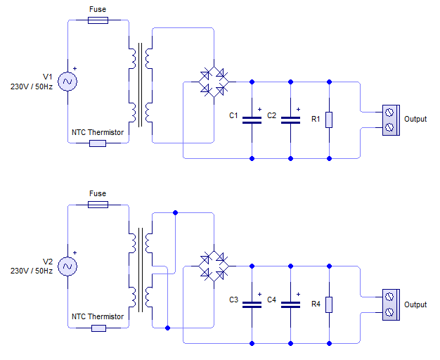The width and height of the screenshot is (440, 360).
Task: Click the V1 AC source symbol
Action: click(x=68, y=82)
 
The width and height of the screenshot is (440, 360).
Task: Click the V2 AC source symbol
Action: click(x=68, y=266)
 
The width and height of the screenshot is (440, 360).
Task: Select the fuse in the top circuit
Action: click(x=98, y=21)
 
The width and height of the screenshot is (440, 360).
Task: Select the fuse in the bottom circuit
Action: click(x=98, y=205)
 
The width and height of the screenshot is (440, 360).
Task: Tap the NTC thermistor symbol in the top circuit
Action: click(x=98, y=143)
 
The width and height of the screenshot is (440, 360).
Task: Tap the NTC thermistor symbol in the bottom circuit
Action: click(x=98, y=328)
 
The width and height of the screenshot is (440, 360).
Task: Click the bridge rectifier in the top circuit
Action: click(x=213, y=82)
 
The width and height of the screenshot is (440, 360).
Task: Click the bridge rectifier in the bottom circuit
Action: click(x=213, y=266)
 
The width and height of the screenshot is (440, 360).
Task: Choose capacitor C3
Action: click(x=252, y=304)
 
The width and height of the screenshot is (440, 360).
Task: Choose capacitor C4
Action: click(x=290, y=304)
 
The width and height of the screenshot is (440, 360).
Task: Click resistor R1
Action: click(x=329, y=120)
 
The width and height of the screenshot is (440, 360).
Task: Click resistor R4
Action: click(x=329, y=304)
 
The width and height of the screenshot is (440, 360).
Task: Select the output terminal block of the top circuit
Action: click(x=390, y=120)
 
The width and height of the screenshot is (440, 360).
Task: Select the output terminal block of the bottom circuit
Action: click(x=390, y=304)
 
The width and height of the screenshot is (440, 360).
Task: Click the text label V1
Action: click(x=48, y=77)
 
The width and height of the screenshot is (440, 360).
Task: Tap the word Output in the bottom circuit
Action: click(x=415, y=304)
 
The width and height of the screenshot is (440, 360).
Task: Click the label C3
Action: click(x=234, y=300)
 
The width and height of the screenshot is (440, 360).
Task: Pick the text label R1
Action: click(x=316, y=120)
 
